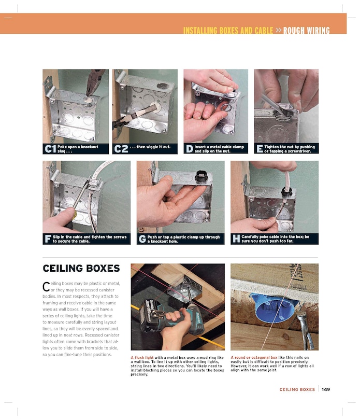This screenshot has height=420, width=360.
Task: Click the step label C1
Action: tap(50, 149)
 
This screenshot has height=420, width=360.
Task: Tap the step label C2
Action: tap(121, 149)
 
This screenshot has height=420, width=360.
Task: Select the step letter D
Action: tap(189, 149)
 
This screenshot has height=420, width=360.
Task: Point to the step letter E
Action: tap(260, 149)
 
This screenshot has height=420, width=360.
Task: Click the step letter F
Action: tap(48, 239)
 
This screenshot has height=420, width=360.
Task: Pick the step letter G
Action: tap(142, 239)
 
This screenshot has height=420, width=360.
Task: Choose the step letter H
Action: tap(236, 239)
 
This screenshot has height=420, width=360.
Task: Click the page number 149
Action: tap(326, 389)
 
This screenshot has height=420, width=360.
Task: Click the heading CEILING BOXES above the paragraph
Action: tap(81, 269)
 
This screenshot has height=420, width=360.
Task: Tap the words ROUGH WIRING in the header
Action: tap(307, 31)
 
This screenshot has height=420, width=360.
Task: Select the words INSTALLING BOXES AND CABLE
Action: tap(228, 31)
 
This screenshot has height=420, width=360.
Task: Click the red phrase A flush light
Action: tap(142, 357)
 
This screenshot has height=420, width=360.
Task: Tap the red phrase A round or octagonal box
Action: tap(254, 357)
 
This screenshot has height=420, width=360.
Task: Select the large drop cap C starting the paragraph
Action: tap(46, 287)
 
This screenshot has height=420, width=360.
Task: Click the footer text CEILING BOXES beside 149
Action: tap(297, 389)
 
